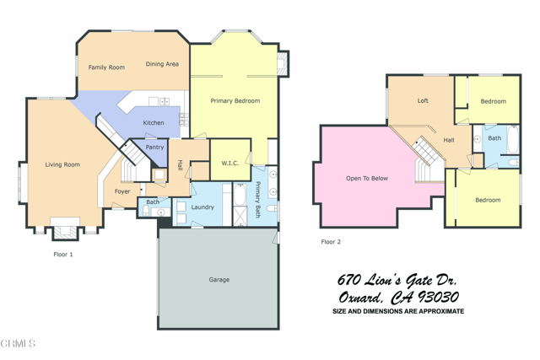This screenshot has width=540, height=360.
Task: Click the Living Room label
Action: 62,164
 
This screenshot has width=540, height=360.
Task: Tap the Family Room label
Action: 106,67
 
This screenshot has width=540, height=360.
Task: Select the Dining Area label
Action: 162,64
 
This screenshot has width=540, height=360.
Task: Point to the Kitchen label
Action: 154,123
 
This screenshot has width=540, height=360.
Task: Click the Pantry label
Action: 154,148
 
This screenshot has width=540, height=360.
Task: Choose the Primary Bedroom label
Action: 235,101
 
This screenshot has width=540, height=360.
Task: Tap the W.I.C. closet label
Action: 229,163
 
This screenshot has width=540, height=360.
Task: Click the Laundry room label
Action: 202,207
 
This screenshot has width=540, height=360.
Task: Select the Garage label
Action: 219,280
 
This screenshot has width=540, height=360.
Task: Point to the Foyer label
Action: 122,191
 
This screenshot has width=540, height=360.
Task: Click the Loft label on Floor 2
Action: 423,101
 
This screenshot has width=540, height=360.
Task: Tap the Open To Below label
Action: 367,179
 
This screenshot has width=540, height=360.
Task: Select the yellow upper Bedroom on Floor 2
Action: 494,101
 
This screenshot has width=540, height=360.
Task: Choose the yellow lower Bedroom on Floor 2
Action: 488,201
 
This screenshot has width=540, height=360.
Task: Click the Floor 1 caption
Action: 63,254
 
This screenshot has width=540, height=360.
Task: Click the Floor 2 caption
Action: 331,242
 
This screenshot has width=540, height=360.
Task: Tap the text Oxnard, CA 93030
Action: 397,297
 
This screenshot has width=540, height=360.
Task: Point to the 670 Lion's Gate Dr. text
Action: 397,279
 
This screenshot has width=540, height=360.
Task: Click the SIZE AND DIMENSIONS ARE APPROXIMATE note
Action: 397,312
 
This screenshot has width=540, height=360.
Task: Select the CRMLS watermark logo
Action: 19,344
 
